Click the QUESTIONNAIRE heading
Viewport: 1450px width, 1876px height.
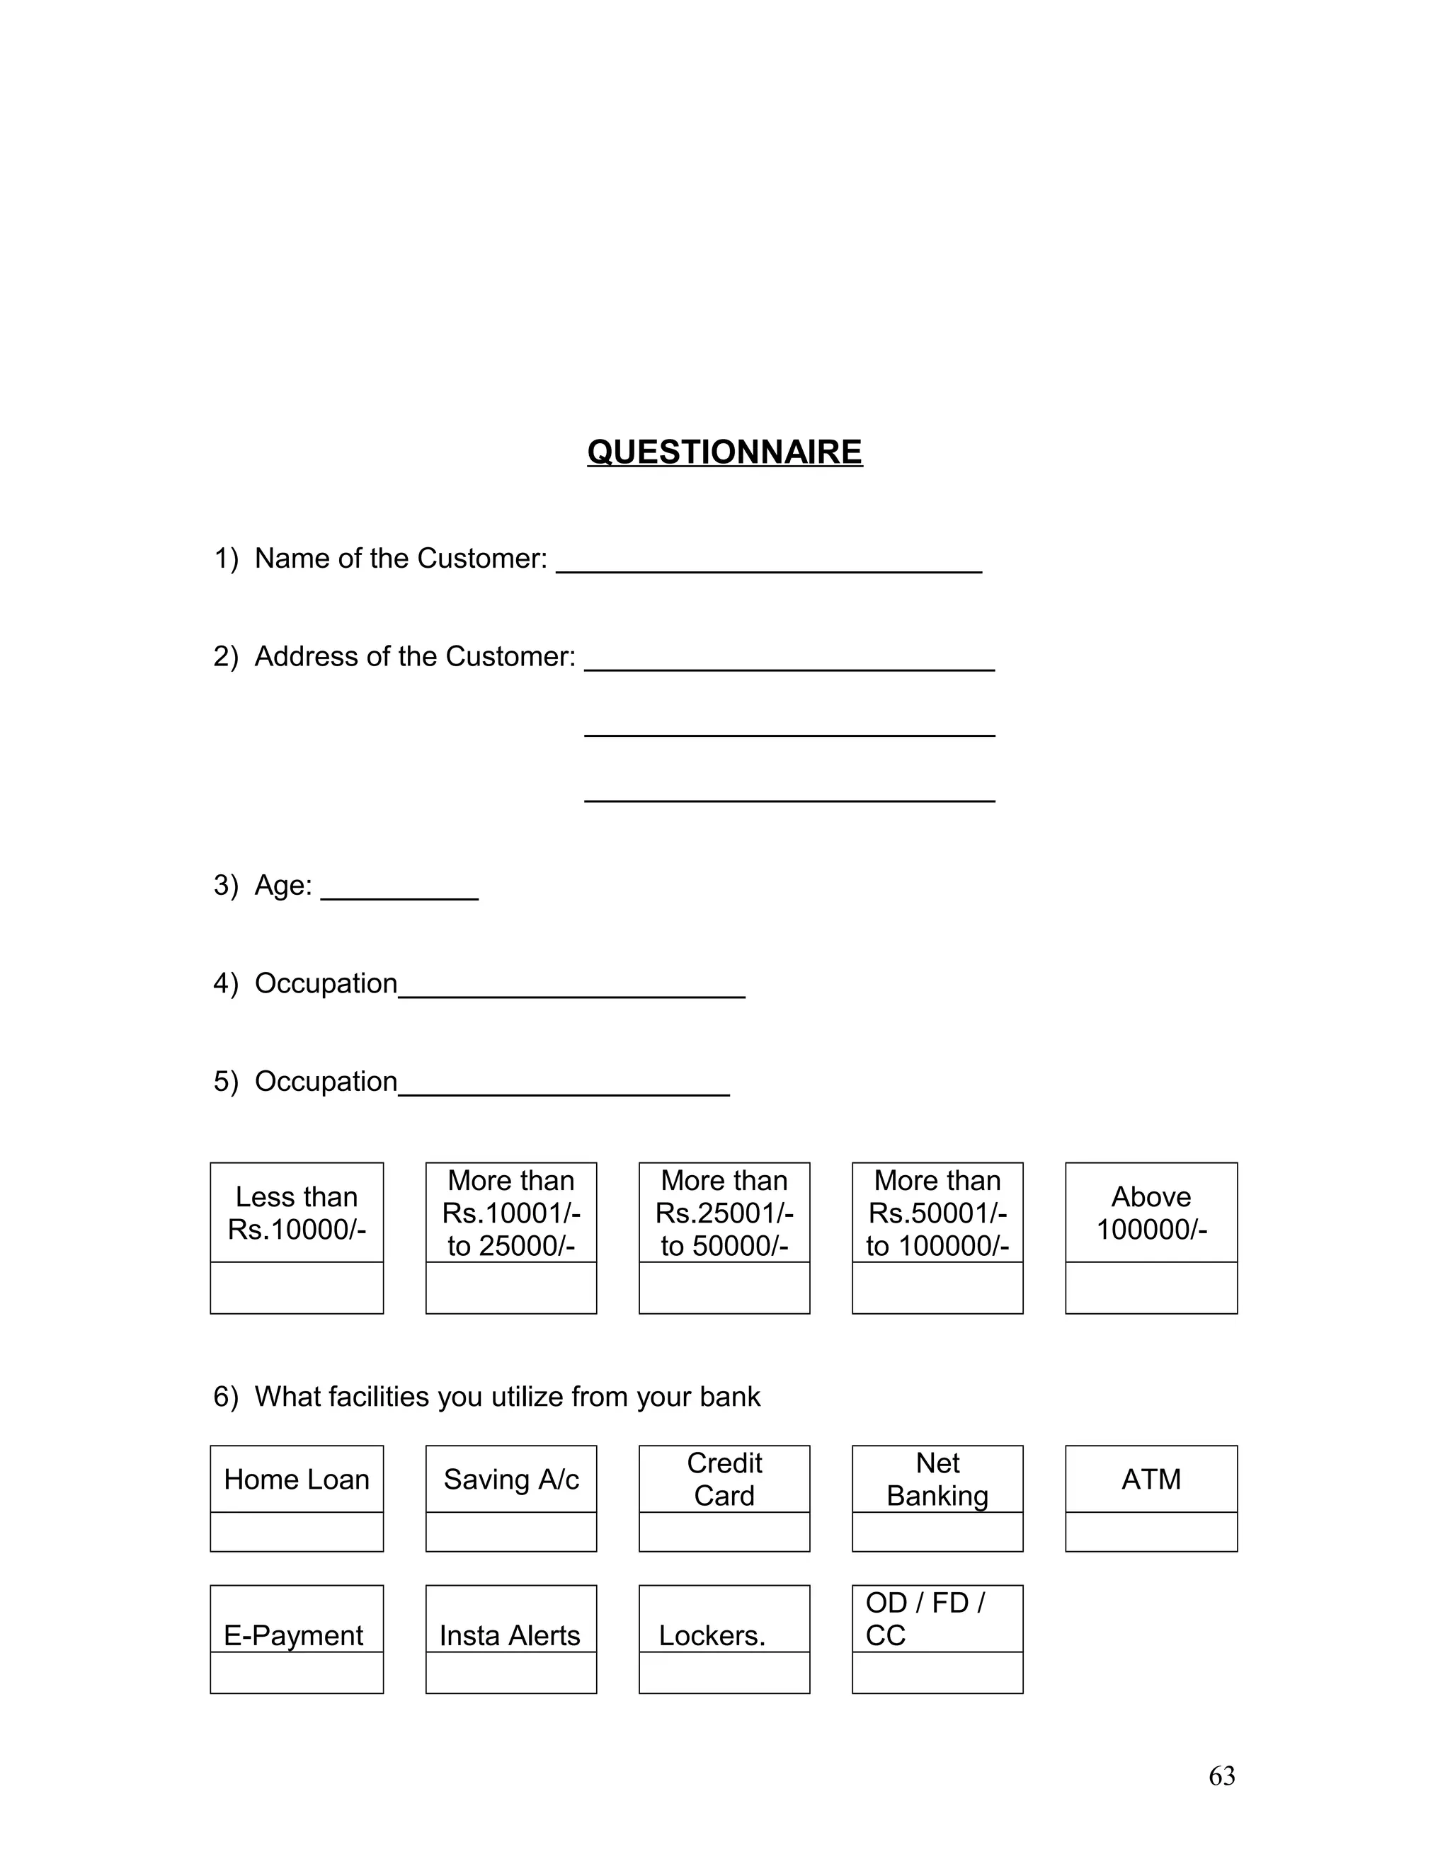click(724, 452)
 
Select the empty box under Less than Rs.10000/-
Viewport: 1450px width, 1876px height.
click(297, 1288)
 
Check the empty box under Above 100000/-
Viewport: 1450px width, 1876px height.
click(1151, 1288)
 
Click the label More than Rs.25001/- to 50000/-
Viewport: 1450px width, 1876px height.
click(724, 1213)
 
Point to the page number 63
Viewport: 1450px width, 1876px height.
click(1221, 1776)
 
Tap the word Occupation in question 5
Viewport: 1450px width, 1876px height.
click(326, 1082)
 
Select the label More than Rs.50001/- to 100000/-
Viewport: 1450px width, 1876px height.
click(937, 1213)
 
